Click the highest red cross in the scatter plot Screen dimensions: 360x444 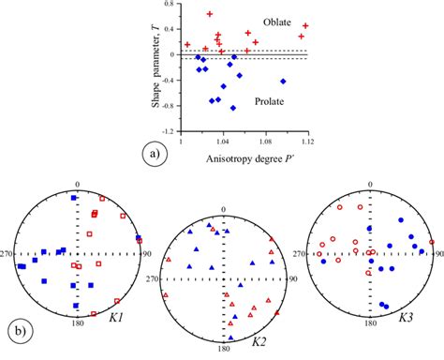click(x=210, y=14)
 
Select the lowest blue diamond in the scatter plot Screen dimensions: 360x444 click(x=232, y=108)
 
